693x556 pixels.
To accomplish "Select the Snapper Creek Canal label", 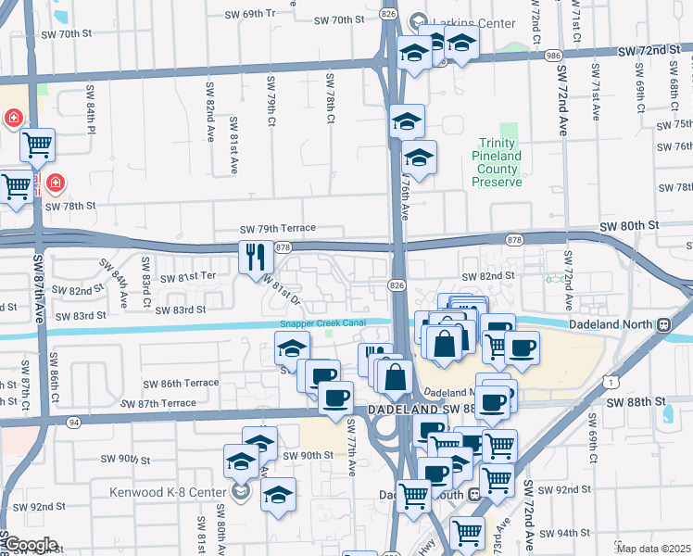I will (323, 323).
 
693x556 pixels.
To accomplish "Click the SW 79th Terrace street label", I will (278, 228).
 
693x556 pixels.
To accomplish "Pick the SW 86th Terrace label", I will (181, 383).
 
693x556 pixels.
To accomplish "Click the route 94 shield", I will (74, 422).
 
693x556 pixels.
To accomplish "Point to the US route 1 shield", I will (607, 382).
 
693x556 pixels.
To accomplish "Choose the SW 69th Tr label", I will (251, 15).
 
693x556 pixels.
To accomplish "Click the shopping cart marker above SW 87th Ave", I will (37, 144).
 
